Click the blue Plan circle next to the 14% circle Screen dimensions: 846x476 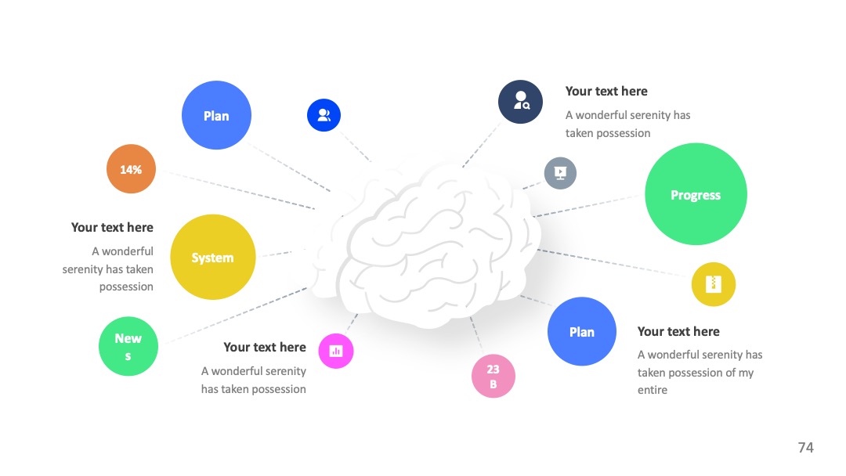(216, 115)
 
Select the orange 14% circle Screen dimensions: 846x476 (131, 169)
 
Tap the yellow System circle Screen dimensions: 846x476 (212, 257)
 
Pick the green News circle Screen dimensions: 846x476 (128, 346)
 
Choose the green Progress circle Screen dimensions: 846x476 (696, 194)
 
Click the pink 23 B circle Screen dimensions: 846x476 (493, 377)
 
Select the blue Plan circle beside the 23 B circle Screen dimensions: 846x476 (581, 331)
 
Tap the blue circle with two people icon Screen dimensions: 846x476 (324, 115)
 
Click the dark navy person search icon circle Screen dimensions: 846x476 (521, 102)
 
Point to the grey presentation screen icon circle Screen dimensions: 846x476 (561, 173)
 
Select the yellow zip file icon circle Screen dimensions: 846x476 (714, 284)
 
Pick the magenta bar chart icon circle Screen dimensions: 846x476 (336, 351)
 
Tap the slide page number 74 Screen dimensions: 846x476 (805, 448)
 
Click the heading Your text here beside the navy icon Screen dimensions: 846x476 (606, 91)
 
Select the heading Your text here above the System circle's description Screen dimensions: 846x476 (112, 227)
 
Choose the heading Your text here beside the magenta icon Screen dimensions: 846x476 (265, 347)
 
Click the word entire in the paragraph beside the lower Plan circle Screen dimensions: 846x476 (653, 390)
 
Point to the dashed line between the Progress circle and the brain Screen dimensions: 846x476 (587, 206)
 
